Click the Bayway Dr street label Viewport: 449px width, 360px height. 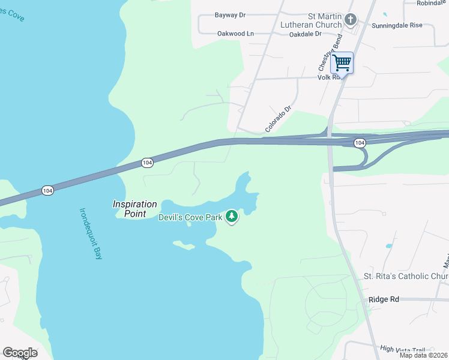coord(231,15)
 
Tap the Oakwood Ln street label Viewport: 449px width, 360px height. coord(236,34)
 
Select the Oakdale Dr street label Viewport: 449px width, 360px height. coord(306,34)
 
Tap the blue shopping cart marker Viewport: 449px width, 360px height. coord(342,62)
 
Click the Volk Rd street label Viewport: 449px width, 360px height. coord(329,77)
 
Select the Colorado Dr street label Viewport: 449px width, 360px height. coord(278,119)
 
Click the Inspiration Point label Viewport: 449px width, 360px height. coord(135,209)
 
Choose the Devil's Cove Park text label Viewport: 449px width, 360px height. coord(190,217)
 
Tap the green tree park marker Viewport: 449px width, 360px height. coord(232,217)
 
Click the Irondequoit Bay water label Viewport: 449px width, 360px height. coord(91,233)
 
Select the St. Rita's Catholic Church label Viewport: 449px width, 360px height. coord(406,276)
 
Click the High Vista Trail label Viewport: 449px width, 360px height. coord(402,349)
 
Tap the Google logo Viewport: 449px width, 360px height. coord(20,353)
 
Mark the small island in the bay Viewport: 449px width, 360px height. coord(184,245)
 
